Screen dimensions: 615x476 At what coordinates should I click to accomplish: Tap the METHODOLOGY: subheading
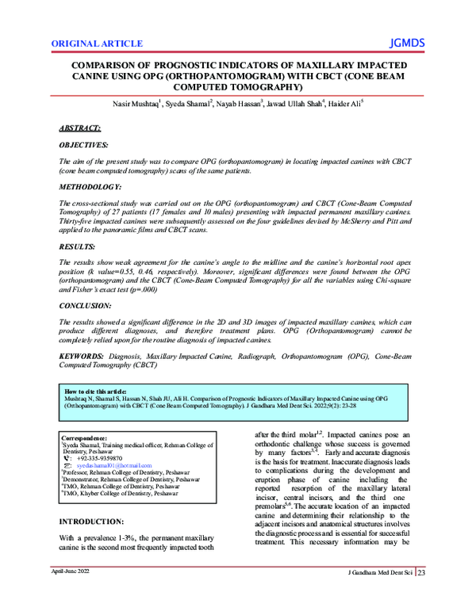point(90,186)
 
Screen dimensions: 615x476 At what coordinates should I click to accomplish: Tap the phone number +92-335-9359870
point(105,458)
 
